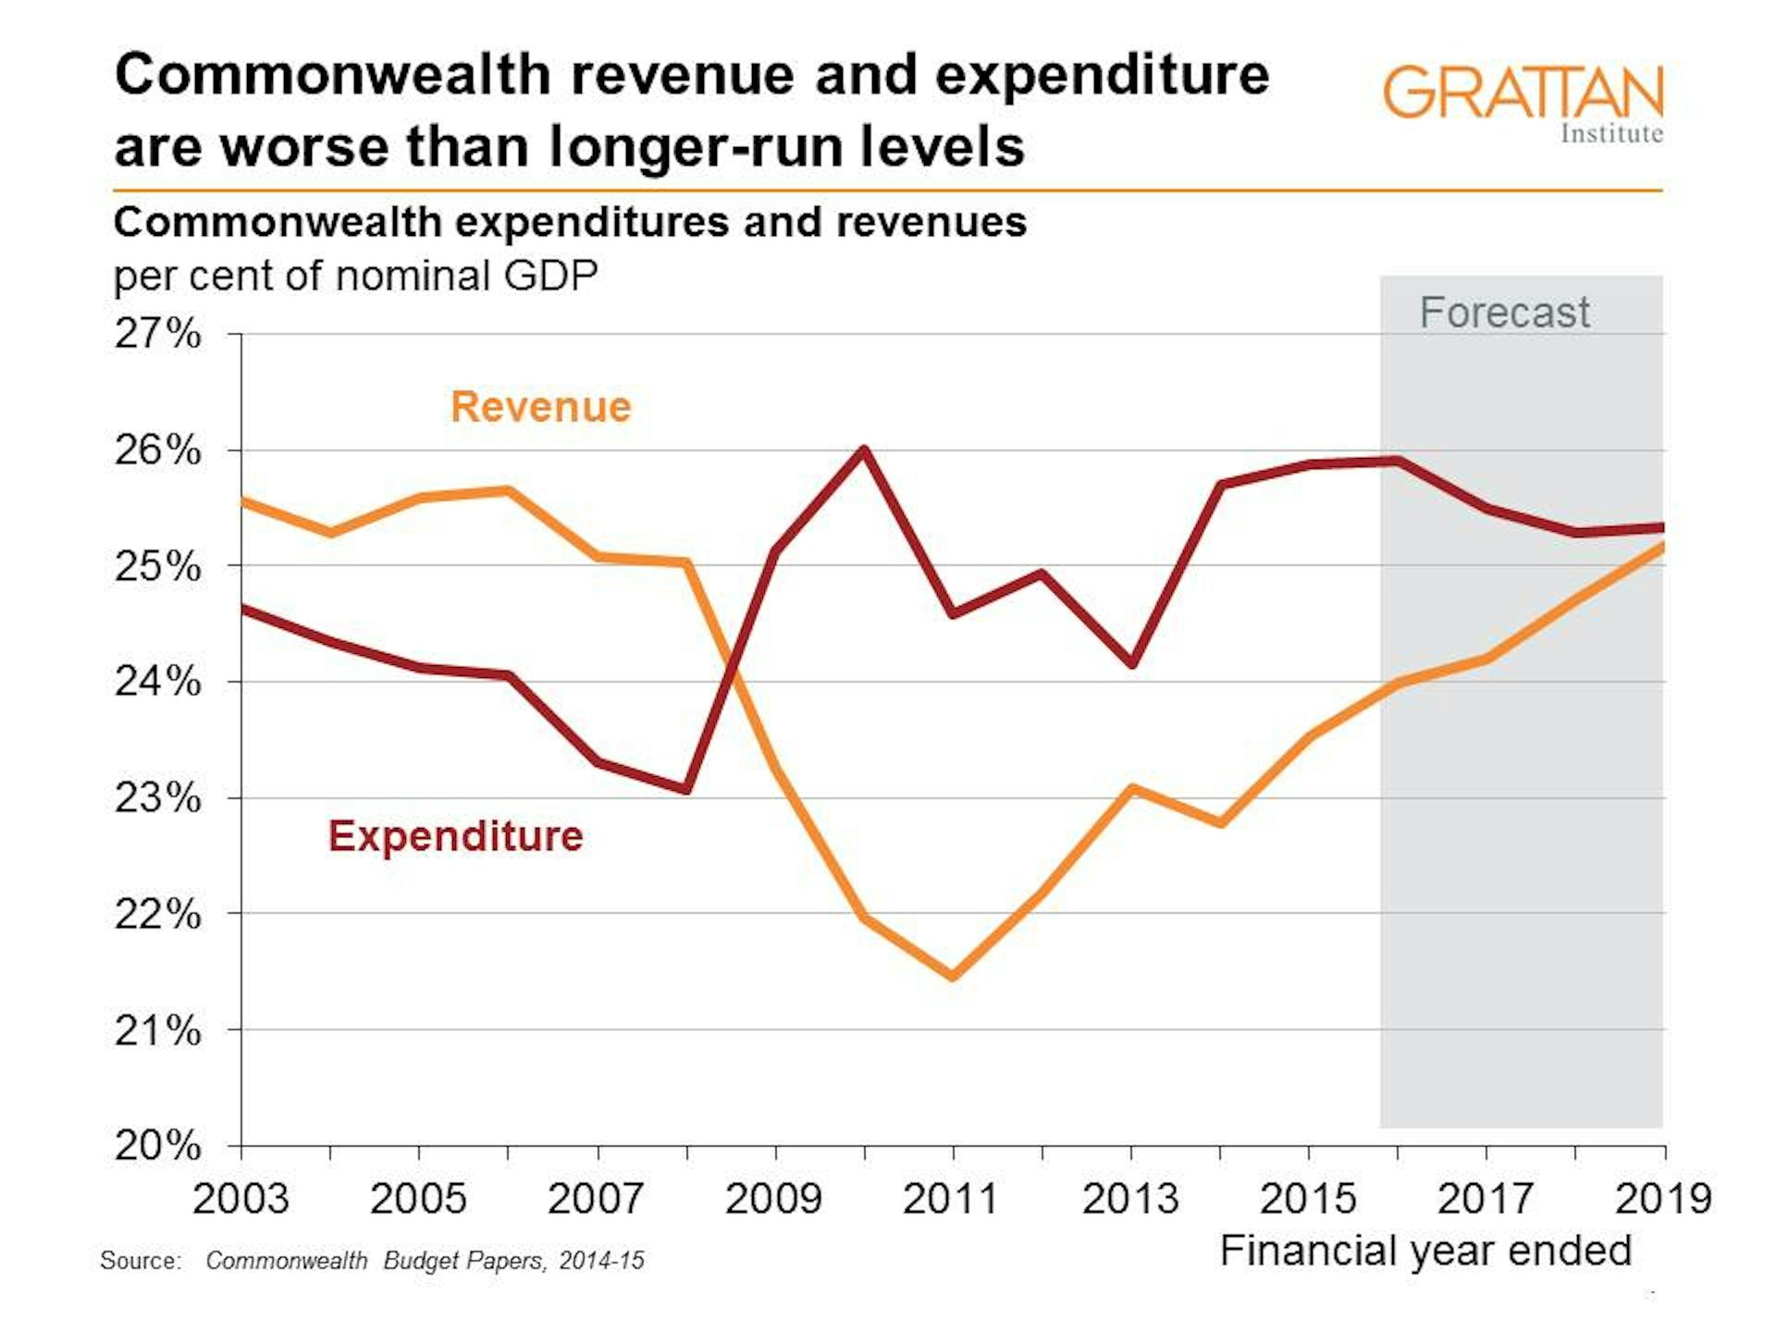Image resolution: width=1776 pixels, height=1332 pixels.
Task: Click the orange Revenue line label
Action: point(540,407)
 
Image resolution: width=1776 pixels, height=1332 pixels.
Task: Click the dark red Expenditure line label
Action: point(455,836)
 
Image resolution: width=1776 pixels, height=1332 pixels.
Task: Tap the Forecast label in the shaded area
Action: point(1504,313)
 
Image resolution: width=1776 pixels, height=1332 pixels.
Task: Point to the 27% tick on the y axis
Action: point(157,334)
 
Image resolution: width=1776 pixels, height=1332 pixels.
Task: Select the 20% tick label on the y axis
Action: point(157,1145)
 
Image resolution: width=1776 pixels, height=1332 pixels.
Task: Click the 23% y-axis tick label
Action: point(157,797)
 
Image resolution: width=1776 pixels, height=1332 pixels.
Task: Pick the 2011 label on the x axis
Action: point(951,1199)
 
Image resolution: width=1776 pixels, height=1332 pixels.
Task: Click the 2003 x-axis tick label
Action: point(240,1199)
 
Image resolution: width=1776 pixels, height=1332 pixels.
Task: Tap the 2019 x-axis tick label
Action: point(1662,1199)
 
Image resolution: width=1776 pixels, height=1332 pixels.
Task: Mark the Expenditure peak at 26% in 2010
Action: point(864,450)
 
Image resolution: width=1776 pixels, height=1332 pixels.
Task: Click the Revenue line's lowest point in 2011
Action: point(953,976)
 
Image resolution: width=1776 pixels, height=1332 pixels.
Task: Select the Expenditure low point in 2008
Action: point(686,789)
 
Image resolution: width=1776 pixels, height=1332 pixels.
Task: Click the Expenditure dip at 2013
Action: point(1131,663)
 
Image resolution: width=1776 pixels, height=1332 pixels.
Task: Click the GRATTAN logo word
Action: point(1523,92)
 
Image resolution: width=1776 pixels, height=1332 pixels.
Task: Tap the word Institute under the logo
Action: point(1611,134)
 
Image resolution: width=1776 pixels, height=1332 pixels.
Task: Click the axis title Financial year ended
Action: point(1424,1251)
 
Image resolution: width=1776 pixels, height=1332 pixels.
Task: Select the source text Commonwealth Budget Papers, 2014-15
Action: point(425,1261)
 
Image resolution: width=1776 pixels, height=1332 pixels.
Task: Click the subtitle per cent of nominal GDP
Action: point(355,276)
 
